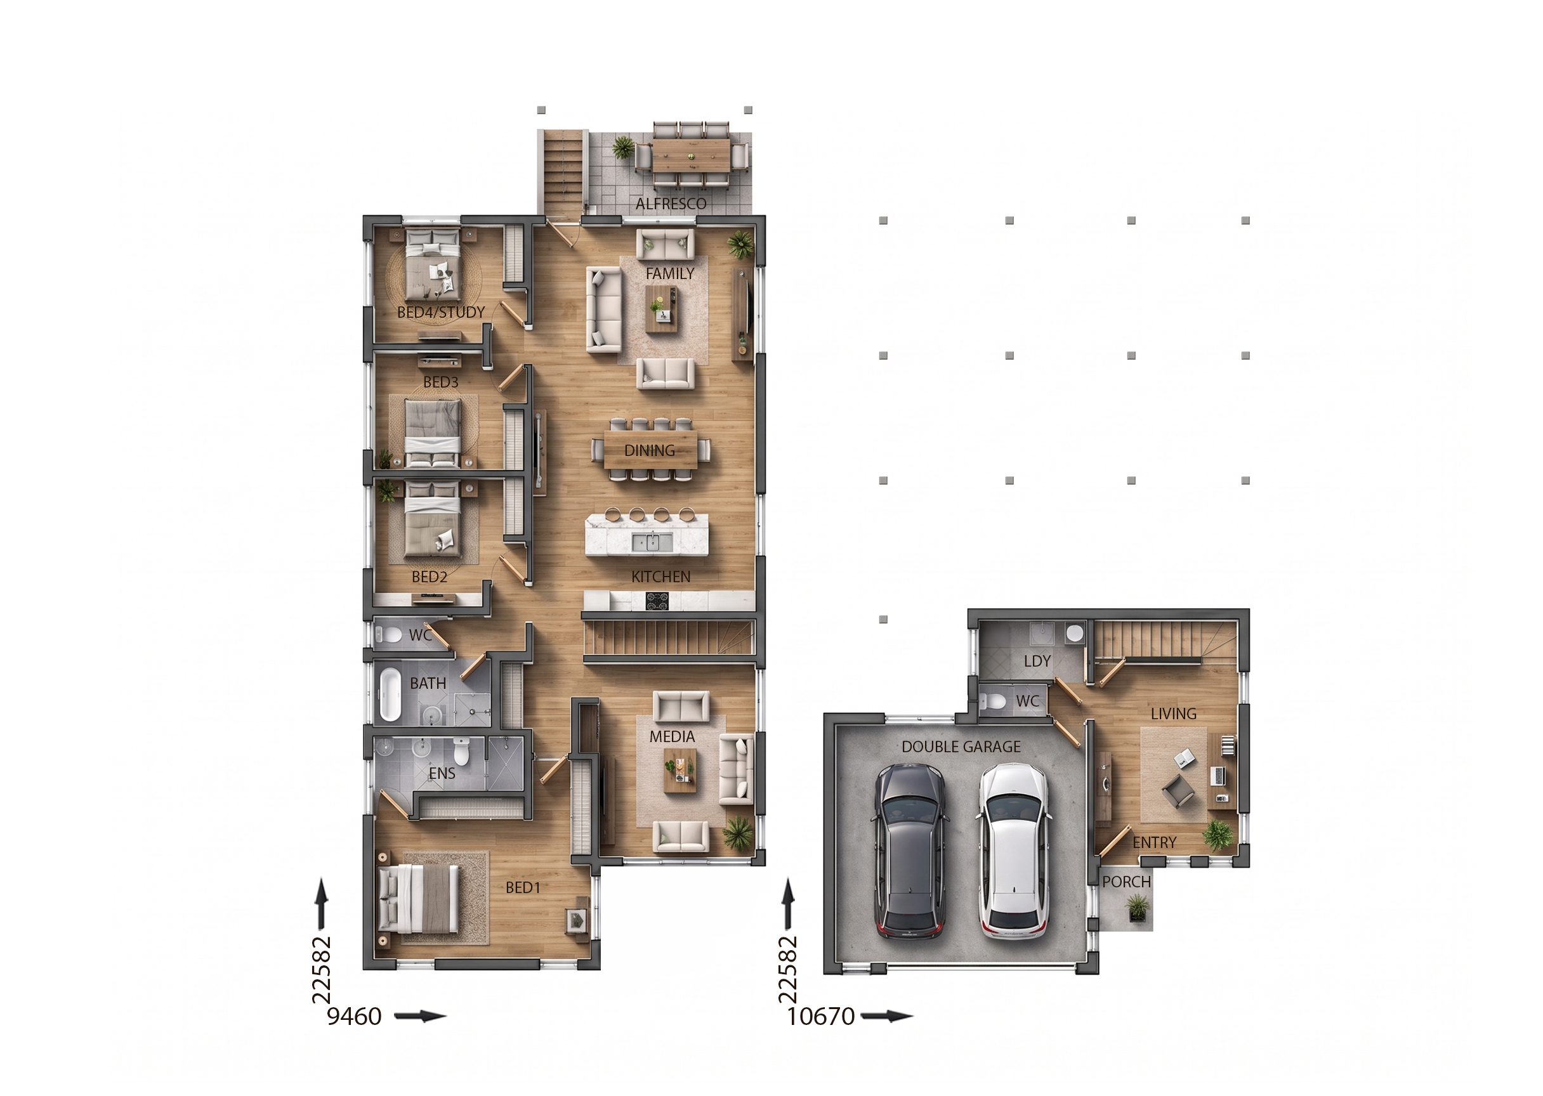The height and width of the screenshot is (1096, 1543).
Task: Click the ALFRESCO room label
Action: pyautogui.click(x=671, y=204)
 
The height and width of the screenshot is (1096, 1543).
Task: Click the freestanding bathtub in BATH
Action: pyautogui.click(x=390, y=694)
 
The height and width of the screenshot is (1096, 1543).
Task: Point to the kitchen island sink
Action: pyautogui.click(x=652, y=541)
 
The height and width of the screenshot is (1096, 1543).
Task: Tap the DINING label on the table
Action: pyautogui.click(x=649, y=450)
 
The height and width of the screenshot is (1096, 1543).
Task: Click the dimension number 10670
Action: pyautogui.click(x=821, y=1016)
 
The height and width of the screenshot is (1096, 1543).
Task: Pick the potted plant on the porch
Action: pyautogui.click(x=1138, y=907)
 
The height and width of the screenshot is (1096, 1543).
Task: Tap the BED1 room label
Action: pyautogui.click(x=523, y=887)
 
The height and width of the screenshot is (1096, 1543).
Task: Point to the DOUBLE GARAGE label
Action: pyautogui.click(x=961, y=747)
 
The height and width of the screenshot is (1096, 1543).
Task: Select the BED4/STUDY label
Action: pyautogui.click(x=441, y=313)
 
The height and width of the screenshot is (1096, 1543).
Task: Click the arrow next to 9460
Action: pyautogui.click(x=420, y=1016)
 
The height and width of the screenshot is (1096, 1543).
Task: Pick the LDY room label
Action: pyautogui.click(x=1037, y=662)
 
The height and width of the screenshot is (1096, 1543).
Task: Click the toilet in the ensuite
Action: pyautogui.click(x=462, y=750)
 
